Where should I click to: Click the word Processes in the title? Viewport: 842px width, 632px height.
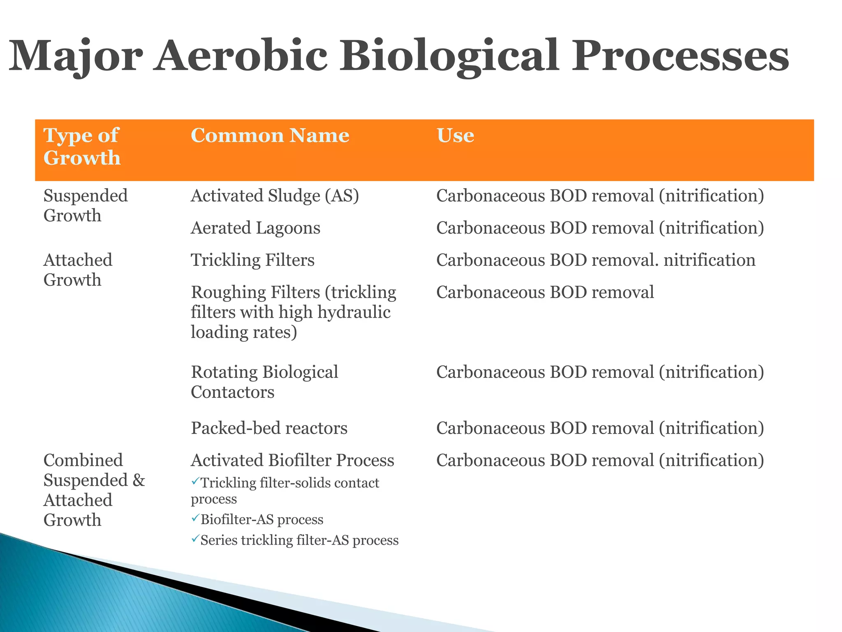(680, 56)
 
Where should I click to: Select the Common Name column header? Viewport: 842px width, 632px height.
(270, 135)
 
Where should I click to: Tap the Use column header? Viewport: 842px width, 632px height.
(455, 135)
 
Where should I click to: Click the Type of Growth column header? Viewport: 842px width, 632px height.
(82, 146)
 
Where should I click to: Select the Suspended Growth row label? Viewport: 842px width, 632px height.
(85, 205)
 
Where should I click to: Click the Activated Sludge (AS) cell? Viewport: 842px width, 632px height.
(275, 195)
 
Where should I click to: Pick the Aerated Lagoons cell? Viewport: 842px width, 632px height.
(255, 228)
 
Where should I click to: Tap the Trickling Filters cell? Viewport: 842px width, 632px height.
(252, 260)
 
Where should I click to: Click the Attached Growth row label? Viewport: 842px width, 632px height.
(78, 270)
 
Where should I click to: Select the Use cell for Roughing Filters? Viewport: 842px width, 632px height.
(545, 292)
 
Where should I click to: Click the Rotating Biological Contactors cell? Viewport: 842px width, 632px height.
(264, 382)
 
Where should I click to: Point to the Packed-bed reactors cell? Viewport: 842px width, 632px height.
(269, 428)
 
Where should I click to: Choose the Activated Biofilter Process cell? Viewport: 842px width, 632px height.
(292, 460)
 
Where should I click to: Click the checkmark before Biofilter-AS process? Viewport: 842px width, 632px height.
(195, 518)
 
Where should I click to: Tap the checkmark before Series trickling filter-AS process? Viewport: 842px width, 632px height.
(195, 539)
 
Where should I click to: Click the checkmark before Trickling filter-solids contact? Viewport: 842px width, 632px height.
(195, 481)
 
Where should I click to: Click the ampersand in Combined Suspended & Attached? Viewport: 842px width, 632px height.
(139, 480)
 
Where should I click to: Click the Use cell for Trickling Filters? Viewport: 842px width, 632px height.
(595, 260)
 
